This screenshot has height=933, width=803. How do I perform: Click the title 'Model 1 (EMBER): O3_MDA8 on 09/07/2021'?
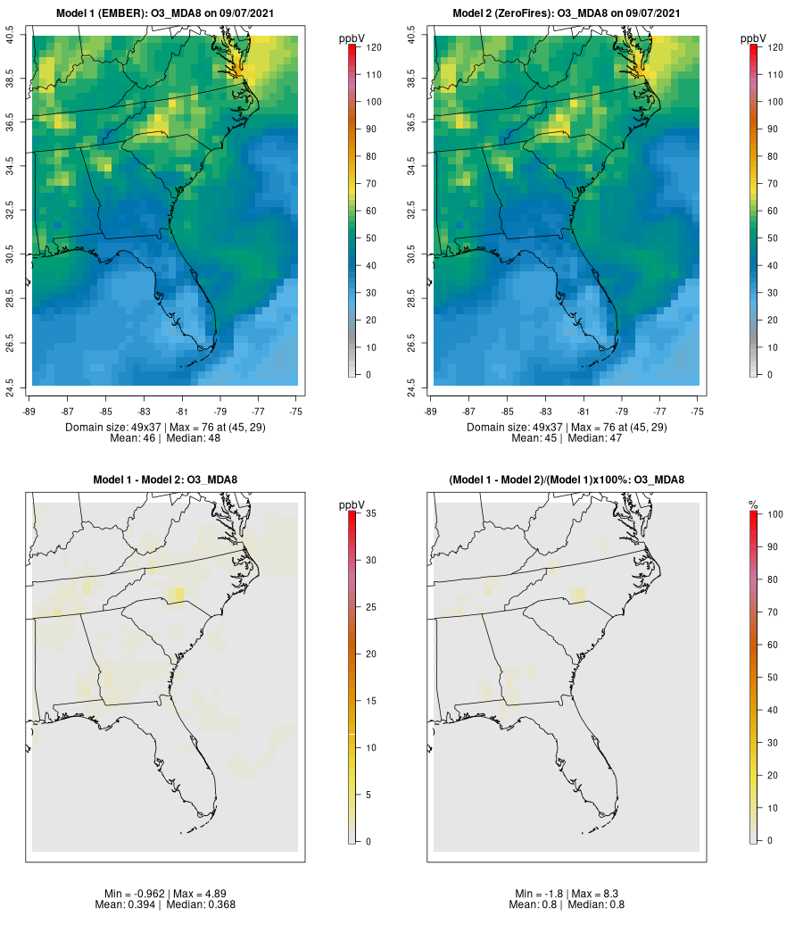(165, 13)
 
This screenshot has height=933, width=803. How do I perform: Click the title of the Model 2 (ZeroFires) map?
(567, 13)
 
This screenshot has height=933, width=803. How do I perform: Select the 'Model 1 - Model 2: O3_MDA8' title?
(165, 480)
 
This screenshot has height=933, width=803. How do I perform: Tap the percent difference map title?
(567, 480)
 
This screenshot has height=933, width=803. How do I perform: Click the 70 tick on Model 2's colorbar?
(772, 184)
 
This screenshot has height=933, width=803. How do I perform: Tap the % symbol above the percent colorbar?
(754, 505)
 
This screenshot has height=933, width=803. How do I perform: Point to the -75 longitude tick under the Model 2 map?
(698, 412)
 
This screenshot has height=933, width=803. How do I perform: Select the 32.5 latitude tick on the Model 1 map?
(21, 211)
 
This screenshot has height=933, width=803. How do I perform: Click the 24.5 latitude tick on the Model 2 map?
(423, 386)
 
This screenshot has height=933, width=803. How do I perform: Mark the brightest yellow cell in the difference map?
(177, 596)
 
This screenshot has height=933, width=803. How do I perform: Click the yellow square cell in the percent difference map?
(578, 596)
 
